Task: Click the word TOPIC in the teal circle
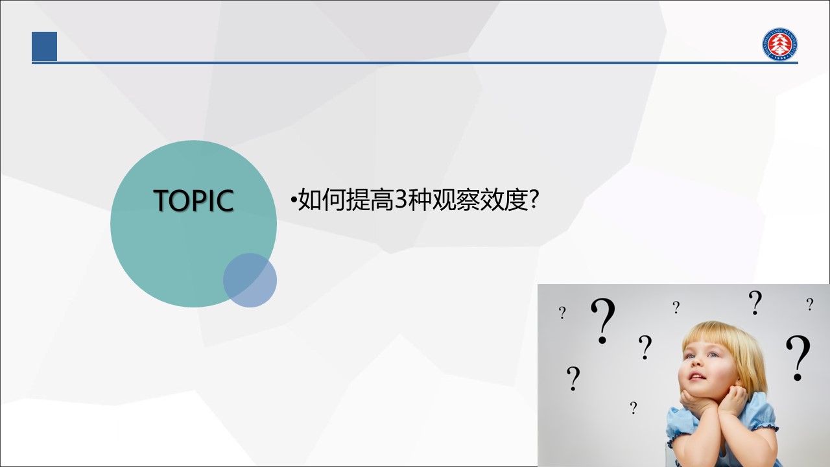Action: [193, 200]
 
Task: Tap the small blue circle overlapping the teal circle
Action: [250, 280]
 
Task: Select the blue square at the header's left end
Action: [45, 46]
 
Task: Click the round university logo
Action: [779, 44]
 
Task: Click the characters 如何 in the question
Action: [322, 200]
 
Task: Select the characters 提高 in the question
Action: [370, 200]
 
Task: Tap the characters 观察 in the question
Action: [456, 200]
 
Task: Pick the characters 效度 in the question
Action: [504, 200]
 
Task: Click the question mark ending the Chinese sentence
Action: [534, 199]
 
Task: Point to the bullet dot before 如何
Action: [294, 201]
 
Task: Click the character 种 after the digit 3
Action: [420, 200]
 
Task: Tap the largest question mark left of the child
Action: [603, 320]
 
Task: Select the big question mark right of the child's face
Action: [798, 358]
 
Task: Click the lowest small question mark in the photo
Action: [634, 408]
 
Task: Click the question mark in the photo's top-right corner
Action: [810, 304]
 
